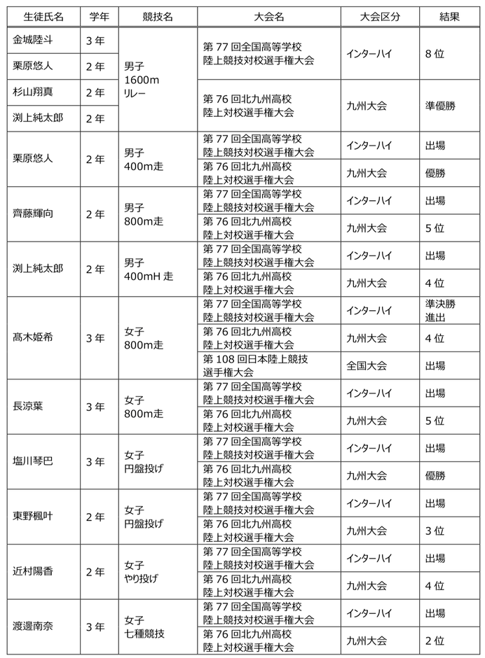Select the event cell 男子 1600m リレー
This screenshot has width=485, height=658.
tap(142, 80)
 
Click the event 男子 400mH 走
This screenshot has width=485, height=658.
tap(148, 269)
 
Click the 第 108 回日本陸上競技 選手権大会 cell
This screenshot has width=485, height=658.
tap(255, 365)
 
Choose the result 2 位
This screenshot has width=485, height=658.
tap(435, 640)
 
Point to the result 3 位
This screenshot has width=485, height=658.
tap(435, 530)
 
